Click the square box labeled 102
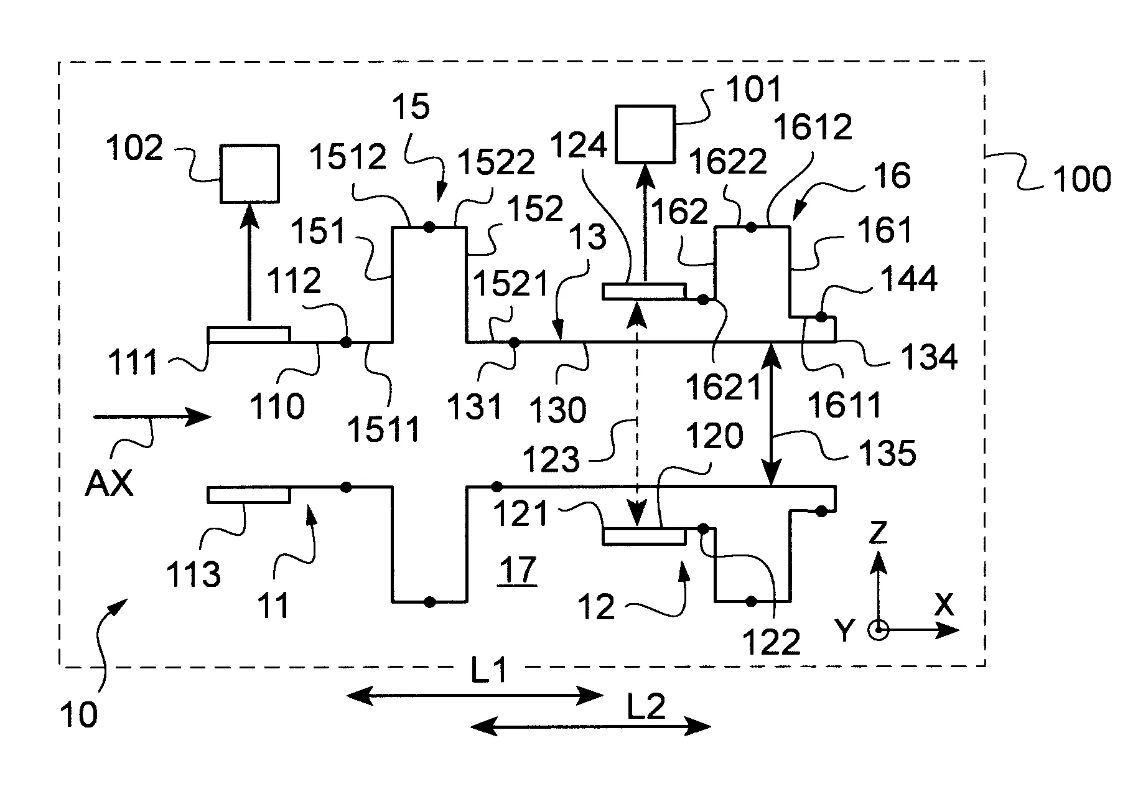[x=249, y=174]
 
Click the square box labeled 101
[x=645, y=135]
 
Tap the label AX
[x=110, y=483]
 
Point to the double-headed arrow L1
[x=475, y=696]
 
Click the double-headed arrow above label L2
[x=590, y=726]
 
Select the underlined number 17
[x=518, y=569]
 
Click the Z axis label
[x=877, y=534]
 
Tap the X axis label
[x=943, y=604]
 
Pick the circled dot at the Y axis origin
[x=877, y=630]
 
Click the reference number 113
[x=193, y=574]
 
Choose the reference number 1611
[x=845, y=405]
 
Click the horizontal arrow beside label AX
[x=152, y=417]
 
